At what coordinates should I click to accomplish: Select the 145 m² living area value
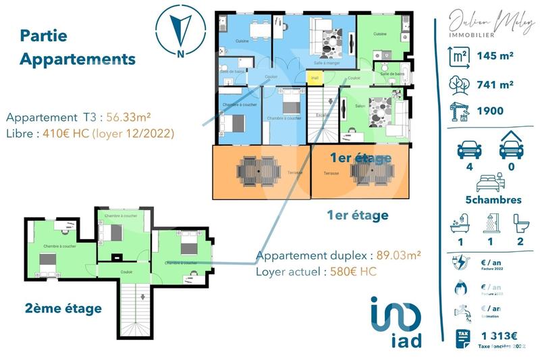(495, 57)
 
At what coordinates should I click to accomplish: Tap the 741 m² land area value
(495, 84)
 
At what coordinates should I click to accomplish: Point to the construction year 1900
(490, 111)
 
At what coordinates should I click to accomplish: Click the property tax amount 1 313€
(499, 336)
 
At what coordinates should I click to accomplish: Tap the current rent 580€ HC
(350, 272)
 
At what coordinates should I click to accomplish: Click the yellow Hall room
(315, 78)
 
